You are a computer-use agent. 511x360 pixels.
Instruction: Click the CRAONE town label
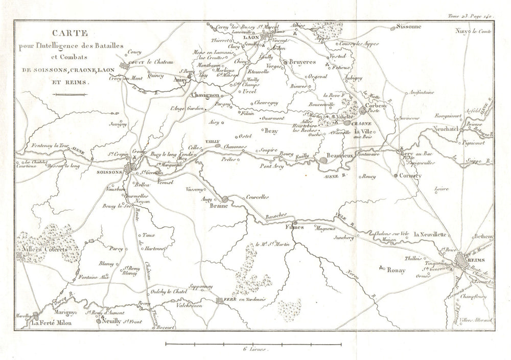[x=362, y=123]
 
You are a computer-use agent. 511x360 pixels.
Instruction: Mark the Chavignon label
[x=205, y=96]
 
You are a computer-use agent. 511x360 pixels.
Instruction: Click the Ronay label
[x=396, y=270]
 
